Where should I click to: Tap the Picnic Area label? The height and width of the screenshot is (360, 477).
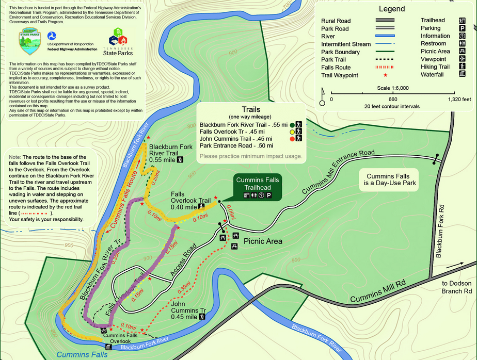(263, 241)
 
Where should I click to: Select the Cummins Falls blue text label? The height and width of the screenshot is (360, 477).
(82, 354)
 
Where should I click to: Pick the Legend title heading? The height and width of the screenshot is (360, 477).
(392, 9)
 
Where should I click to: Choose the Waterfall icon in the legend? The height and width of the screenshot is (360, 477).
(462, 75)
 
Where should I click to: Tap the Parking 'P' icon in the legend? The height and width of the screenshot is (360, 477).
(462, 28)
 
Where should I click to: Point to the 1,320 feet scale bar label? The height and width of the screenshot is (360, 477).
(460, 99)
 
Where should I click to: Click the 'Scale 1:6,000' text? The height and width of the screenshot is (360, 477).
(392, 88)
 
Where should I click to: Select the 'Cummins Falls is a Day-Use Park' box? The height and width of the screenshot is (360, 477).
(391, 179)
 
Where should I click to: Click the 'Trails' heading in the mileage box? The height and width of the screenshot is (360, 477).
(251, 109)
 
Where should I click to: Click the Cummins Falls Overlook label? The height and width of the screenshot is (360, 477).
(121, 338)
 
